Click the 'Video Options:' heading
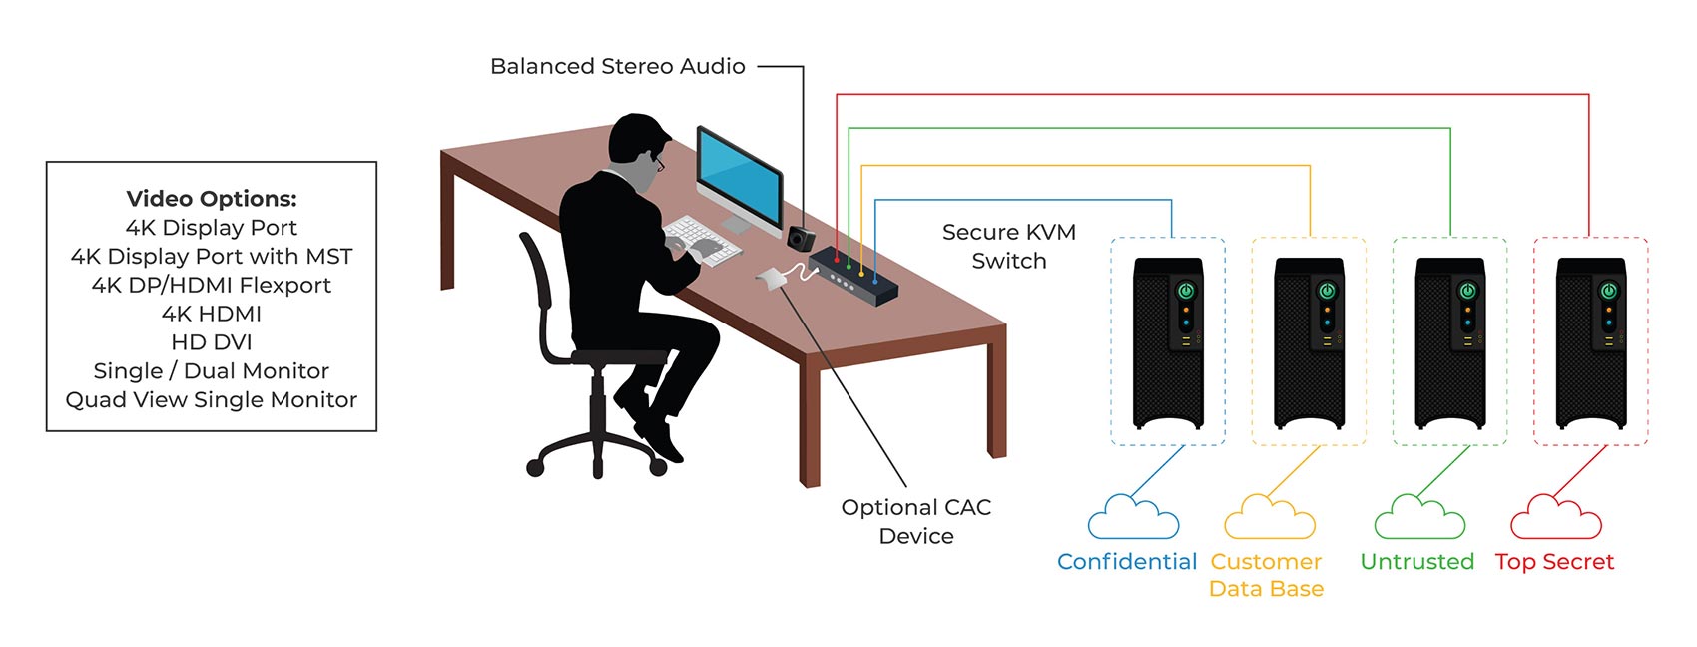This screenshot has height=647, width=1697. point(212,199)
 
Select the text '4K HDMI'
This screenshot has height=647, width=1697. point(212,314)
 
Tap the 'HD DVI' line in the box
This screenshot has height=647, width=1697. point(212,342)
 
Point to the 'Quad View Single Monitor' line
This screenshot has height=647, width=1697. point(212,400)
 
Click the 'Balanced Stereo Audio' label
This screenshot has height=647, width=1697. point(617,67)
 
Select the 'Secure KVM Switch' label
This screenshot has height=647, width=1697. point(1008,246)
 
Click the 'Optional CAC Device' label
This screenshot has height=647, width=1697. point(915,521)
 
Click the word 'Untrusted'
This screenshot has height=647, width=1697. point(1416,562)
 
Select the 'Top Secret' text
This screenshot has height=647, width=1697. point(1554,562)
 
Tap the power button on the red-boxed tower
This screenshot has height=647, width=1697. point(1608,291)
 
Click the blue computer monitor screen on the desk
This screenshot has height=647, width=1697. point(739,179)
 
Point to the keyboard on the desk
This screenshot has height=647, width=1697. point(702,239)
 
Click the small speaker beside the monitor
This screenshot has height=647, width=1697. point(801,238)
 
